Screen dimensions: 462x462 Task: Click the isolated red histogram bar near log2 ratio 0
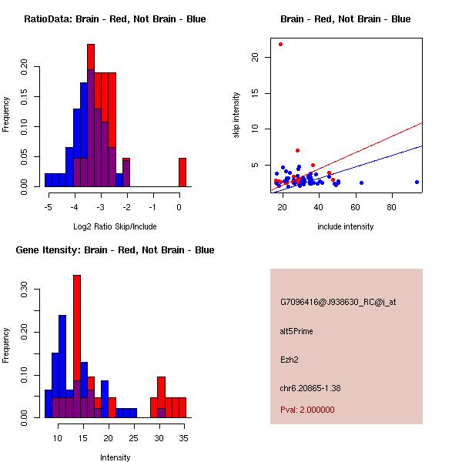[182, 172]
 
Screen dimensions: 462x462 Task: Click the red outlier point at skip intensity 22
[280, 44]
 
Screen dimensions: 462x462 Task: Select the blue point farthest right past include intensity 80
[417, 182]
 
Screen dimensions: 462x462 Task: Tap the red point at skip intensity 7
[297, 150]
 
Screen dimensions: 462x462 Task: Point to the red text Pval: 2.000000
[308, 410]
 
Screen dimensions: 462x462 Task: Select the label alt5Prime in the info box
[296, 331]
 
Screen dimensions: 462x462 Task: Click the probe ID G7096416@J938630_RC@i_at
[338, 303]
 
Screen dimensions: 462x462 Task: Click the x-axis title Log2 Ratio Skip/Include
[115, 226]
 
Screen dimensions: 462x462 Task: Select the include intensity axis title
[345, 226]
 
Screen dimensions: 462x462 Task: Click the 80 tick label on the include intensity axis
[391, 207]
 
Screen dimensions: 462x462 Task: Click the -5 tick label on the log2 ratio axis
[48, 207]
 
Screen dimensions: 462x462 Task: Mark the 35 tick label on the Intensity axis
[182, 438]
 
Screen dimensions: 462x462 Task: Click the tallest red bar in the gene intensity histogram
[77, 346]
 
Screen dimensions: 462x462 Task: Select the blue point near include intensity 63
[361, 182]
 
